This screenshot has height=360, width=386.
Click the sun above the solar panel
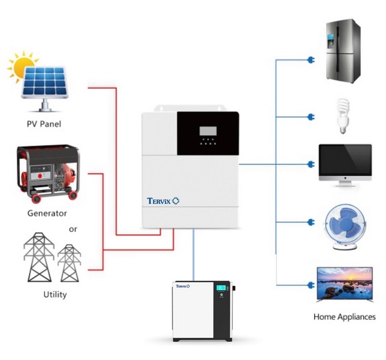pyautogui.click(x=21, y=67)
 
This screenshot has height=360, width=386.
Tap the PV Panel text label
pyautogui.click(x=45, y=124)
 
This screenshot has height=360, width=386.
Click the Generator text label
pyautogui.click(x=47, y=213)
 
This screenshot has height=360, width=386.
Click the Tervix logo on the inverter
pyautogui.click(x=162, y=201)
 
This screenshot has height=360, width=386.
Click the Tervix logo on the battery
pyautogui.click(x=183, y=285)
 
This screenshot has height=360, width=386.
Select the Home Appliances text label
pyautogui.click(x=344, y=317)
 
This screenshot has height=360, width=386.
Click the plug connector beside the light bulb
pyautogui.click(x=310, y=117)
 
